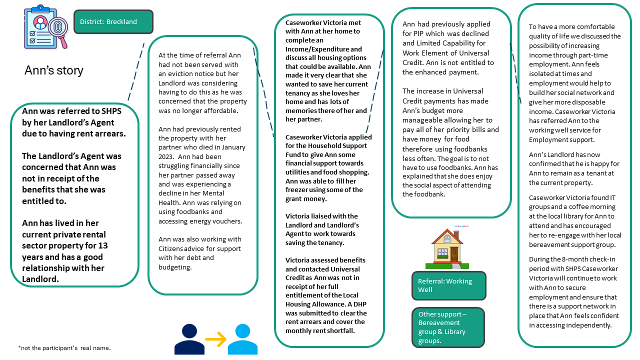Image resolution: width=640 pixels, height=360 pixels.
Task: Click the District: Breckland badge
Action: (x=113, y=22)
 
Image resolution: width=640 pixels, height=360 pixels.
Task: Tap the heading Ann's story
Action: (x=54, y=70)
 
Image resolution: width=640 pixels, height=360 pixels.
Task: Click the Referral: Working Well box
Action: (x=448, y=285)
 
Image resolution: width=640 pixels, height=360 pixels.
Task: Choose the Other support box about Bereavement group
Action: (x=447, y=327)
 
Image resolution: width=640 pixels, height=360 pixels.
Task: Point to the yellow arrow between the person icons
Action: (x=215, y=339)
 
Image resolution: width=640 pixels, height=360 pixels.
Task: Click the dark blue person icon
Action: (x=189, y=339)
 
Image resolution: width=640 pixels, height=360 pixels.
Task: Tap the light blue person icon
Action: (x=242, y=339)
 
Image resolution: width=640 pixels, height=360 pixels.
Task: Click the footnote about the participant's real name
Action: (x=64, y=348)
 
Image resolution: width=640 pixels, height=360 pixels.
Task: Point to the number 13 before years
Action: (x=102, y=245)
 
